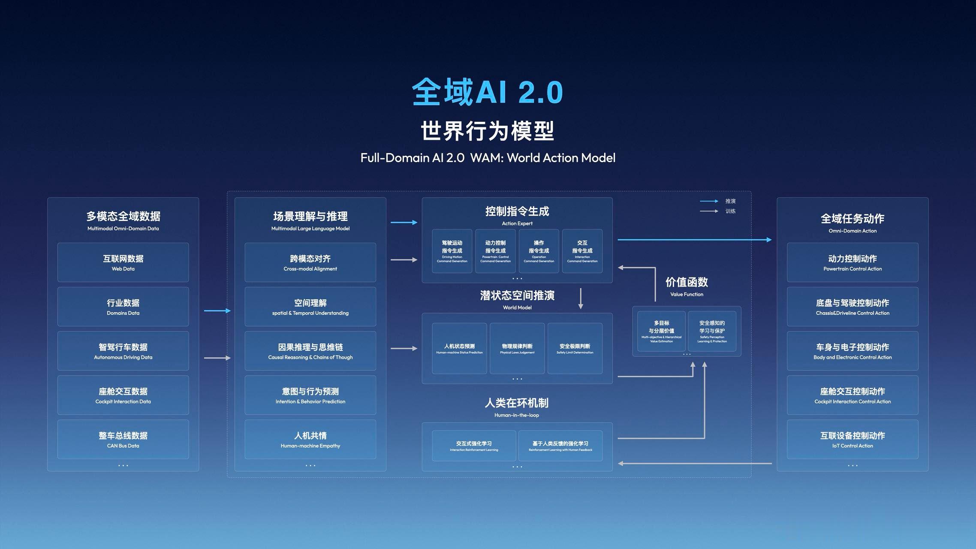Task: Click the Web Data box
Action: click(123, 262)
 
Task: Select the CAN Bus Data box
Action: click(123, 439)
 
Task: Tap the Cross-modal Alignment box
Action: click(310, 262)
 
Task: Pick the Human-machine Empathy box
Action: click(310, 439)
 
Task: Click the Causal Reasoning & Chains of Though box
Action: click(310, 351)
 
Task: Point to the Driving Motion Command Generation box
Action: click(452, 251)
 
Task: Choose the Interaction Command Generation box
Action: click(582, 251)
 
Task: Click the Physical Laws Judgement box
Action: click(517, 348)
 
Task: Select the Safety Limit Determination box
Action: click(575, 348)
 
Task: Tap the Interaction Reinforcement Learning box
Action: click(474, 446)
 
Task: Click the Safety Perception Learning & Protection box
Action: click(712, 331)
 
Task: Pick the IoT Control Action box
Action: click(852, 439)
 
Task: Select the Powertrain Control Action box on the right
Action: click(852, 262)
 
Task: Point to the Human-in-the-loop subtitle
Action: click(516, 415)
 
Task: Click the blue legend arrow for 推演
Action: click(709, 201)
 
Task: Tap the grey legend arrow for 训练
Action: click(709, 211)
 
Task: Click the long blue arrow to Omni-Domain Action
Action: click(695, 240)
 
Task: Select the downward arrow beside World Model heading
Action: click(581, 299)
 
